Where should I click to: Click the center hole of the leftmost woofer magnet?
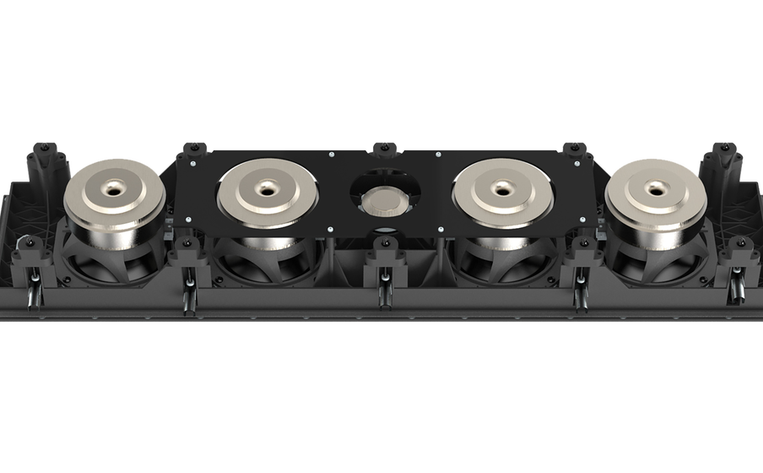(114, 182)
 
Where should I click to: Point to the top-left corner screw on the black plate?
(193, 164)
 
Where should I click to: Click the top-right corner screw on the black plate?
(577, 164)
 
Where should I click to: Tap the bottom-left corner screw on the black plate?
(191, 222)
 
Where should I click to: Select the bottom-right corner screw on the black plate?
(580, 222)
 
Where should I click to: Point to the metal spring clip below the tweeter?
(384, 283)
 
